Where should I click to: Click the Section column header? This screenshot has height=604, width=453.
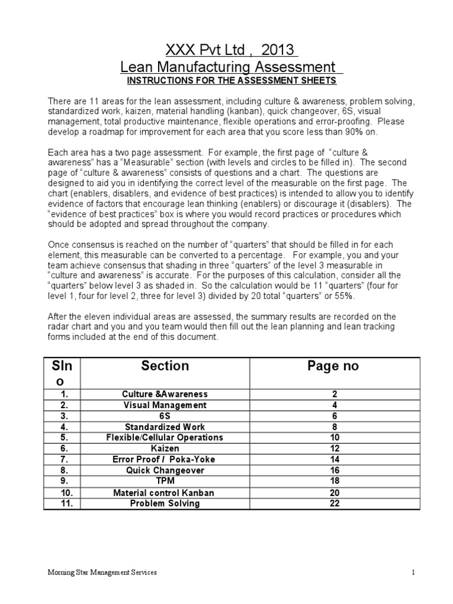tap(165, 366)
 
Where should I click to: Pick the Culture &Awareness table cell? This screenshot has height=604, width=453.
tap(165, 394)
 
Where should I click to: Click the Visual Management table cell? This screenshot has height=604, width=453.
tap(165, 405)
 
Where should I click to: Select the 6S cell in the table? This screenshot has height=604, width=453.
tap(165, 416)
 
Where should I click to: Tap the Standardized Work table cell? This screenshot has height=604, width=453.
tap(165, 427)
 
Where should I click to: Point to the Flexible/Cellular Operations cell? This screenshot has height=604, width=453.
tap(165, 438)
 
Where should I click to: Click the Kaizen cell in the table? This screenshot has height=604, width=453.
tap(165, 449)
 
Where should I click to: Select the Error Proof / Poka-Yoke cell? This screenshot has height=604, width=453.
tap(165, 459)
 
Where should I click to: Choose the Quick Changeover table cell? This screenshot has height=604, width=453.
tap(165, 471)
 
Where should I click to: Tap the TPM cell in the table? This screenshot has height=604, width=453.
tap(165, 481)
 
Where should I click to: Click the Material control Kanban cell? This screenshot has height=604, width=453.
tap(165, 493)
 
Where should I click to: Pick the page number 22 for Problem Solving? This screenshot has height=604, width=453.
tap(334, 503)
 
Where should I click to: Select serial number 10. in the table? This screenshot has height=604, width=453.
tap(66, 493)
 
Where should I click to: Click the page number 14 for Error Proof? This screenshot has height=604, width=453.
tap(334, 459)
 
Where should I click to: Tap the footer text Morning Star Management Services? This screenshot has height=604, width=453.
tap(102, 573)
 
